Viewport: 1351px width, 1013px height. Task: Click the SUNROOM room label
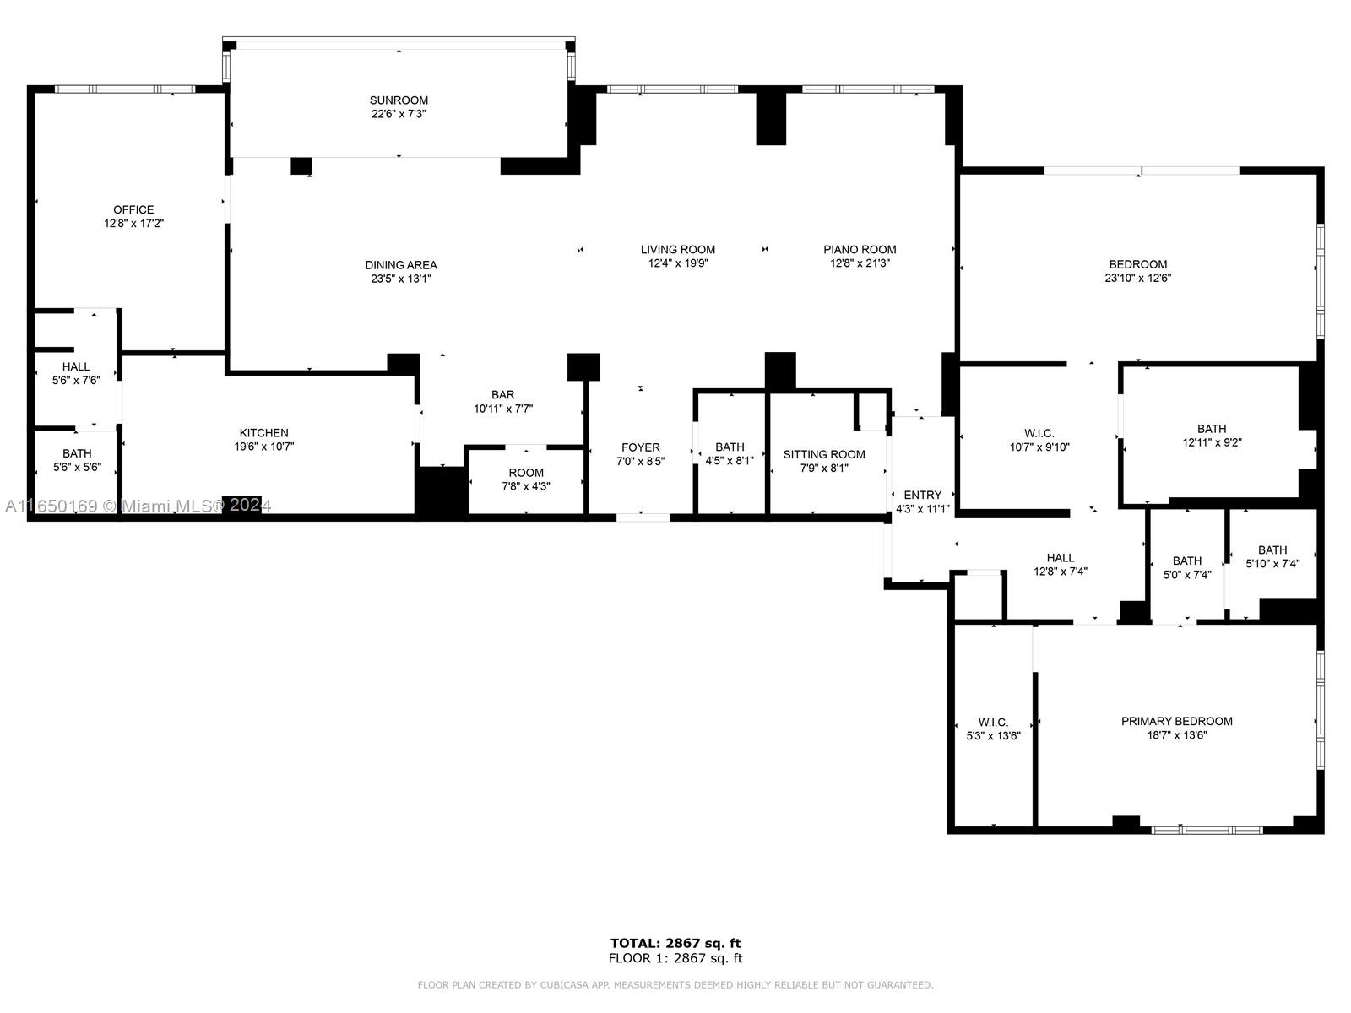tap(399, 100)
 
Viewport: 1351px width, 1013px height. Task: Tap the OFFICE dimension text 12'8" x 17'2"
tap(133, 224)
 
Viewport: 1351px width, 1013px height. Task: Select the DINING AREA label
tap(401, 265)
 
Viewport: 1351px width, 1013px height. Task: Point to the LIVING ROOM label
tap(677, 249)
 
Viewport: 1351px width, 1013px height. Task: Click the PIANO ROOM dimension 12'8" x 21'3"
tap(860, 263)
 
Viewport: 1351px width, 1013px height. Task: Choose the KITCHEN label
tap(263, 433)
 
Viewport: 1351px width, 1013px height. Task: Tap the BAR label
tap(503, 394)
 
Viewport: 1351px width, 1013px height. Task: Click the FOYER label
tap(640, 447)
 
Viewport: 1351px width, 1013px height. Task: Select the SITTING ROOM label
tap(823, 454)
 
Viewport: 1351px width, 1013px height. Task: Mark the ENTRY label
tap(922, 495)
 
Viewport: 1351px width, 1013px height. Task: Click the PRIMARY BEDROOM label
tap(1176, 721)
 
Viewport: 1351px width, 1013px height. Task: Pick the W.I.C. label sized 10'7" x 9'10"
tap(1039, 433)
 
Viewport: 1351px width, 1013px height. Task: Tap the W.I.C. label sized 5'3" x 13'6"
tap(993, 722)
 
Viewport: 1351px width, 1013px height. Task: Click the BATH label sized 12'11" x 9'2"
tap(1211, 429)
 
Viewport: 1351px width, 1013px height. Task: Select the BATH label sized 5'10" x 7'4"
tap(1272, 550)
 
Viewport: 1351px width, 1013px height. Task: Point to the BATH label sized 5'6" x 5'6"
tap(77, 453)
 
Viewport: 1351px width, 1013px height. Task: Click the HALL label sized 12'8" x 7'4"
tap(1060, 557)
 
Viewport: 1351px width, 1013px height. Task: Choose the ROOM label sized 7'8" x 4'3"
tap(526, 473)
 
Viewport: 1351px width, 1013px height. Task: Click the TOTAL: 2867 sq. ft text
tap(675, 943)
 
